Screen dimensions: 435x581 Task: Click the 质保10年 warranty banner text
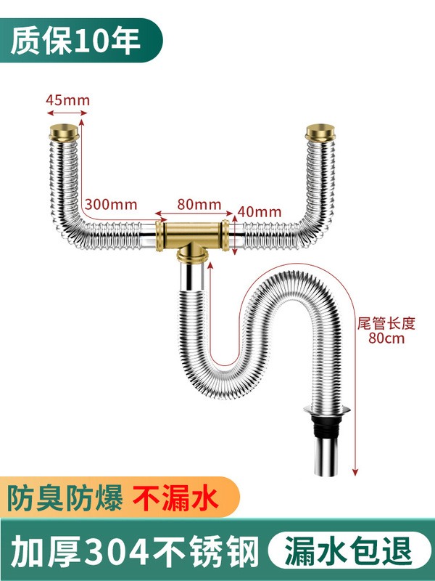[75, 41]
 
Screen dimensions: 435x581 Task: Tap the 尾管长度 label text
[382, 324]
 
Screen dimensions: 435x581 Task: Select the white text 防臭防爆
[65, 499]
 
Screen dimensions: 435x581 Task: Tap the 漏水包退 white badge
[345, 548]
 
